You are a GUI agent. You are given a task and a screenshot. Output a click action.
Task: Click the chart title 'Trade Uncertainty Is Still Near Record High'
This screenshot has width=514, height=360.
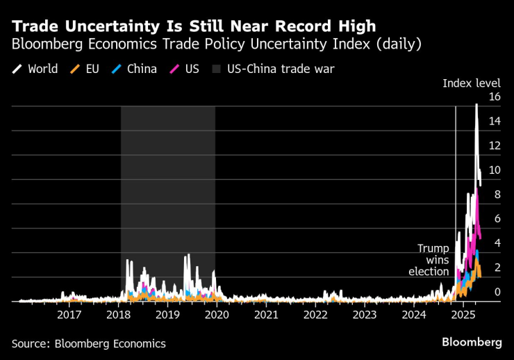[x=194, y=27]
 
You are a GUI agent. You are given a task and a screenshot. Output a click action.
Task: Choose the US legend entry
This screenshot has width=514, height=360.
[x=185, y=69]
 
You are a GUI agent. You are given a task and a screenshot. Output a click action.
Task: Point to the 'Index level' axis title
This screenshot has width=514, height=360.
[x=472, y=83]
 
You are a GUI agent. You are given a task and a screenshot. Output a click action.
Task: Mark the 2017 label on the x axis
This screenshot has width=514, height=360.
[x=69, y=314]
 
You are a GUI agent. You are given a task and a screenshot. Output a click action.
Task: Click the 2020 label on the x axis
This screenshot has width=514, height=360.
[x=217, y=314]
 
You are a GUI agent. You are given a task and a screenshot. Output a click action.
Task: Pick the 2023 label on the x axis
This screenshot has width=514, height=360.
[x=365, y=314]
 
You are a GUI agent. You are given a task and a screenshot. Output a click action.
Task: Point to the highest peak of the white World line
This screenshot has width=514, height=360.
[x=476, y=104]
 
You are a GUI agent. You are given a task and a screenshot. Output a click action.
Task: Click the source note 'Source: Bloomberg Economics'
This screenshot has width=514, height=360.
[x=88, y=343]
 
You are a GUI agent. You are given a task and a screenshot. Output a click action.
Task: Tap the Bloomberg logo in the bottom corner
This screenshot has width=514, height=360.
[x=472, y=343]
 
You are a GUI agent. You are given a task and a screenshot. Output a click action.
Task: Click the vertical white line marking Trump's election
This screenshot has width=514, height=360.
[x=455, y=174]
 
